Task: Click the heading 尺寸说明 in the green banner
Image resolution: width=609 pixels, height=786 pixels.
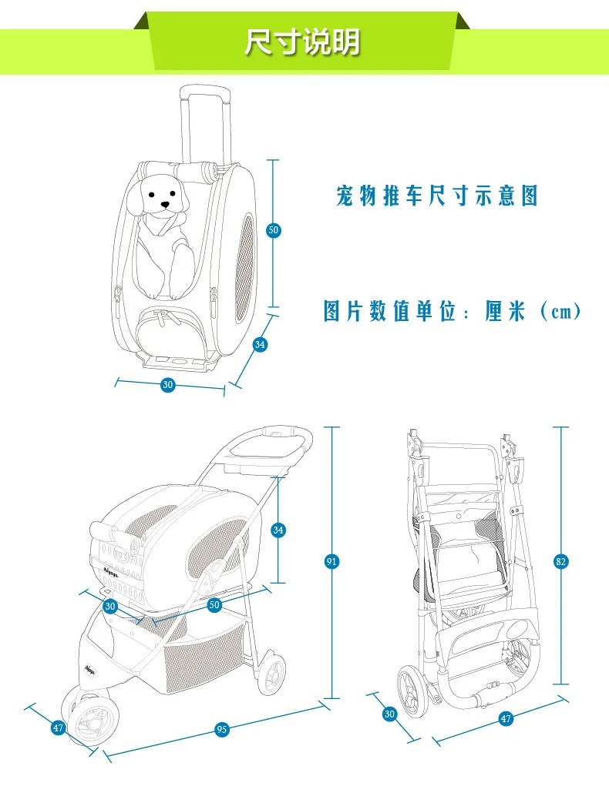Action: click(x=302, y=42)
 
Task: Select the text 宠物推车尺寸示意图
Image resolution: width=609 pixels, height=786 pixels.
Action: click(x=437, y=196)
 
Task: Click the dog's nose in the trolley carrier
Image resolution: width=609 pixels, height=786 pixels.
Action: click(x=165, y=206)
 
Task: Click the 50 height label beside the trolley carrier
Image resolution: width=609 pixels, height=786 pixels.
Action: click(x=273, y=230)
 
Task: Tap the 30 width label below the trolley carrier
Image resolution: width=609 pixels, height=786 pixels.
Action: click(x=168, y=385)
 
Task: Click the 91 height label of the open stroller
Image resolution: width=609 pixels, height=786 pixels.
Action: click(x=331, y=561)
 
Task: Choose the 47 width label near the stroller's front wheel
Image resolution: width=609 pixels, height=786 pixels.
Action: click(x=58, y=727)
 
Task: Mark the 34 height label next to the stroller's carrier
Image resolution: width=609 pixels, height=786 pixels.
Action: click(x=279, y=530)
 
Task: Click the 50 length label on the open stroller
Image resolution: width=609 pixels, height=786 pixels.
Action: click(x=214, y=605)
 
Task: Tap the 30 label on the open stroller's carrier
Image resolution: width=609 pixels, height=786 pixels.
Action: click(x=110, y=607)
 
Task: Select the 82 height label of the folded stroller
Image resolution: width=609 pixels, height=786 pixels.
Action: click(x=561, y=561)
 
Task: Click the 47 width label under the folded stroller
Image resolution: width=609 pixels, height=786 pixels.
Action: click(x=506, y=719)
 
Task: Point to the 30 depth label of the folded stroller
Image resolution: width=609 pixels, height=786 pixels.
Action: click(x=389, y=714)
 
